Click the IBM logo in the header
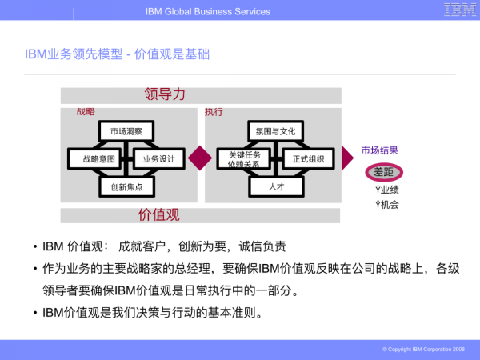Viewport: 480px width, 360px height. click(x=458, y=11)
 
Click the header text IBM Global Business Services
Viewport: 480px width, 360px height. click(x=208, y=11)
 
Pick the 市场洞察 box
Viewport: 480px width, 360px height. click(x=126, y=131)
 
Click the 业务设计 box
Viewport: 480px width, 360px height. click(x=158, y=158)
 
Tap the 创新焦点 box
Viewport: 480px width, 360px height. click(x=126, y=186)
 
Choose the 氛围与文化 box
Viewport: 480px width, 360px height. click(x=276, y=131)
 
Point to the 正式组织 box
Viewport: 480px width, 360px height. click(x=308, y=158)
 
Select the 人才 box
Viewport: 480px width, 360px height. click(x=276, y=186)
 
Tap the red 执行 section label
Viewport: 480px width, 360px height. click(x=214, y=112)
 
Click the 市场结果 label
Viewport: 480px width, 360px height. click(x=379, y=150)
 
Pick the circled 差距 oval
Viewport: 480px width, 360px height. click(x=385, y=172)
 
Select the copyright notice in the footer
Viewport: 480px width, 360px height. click(x=423, y=350)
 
